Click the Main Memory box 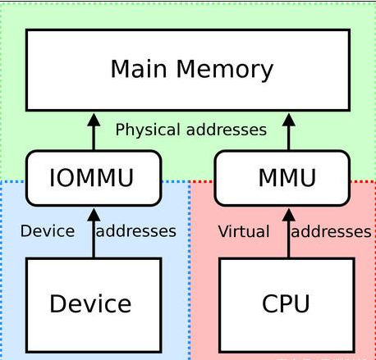click(190, 70)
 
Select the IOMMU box click(93, 177)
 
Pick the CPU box click(287, 303)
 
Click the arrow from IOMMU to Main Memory click(93, 131)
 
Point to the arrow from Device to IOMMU click(93, 231)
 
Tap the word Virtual click(243, 232)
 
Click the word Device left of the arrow click(47, 231)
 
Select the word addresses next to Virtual click(332, 232)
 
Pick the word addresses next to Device click(136, 231)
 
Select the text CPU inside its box click(287, 304)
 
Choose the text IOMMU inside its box click(93, 178)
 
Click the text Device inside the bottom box click(90, 304)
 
